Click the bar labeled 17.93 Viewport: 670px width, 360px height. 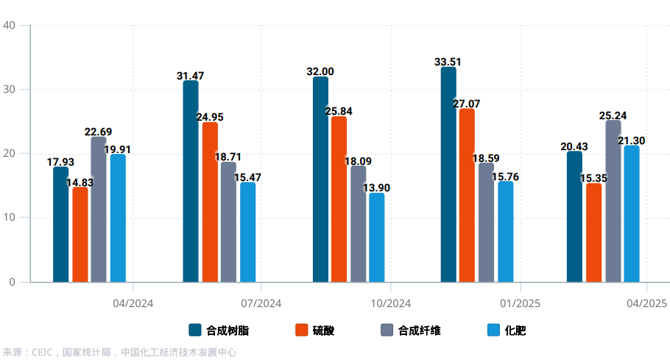(x=60, y=225)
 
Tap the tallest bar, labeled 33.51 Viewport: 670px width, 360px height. (x=448, y=174)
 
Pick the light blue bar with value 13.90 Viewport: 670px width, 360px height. (x=376, y=237)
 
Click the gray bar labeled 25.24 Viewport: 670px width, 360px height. (x=613, y=201)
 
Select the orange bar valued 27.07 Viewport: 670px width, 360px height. (x=467, y=195)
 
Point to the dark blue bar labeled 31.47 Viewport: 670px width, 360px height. (x=191, y=181)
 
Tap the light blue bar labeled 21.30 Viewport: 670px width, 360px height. (x=632, y=213)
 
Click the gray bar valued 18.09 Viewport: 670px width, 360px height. (x=358, y=224)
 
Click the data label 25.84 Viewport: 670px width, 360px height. (x=339, y=111)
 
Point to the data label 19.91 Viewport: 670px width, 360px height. (x=117, y=149)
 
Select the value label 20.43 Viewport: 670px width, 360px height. (x=574, y=147)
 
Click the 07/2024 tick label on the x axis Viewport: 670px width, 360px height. (x=261, y=303)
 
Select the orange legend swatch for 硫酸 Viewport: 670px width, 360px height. (x=300, y=331)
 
